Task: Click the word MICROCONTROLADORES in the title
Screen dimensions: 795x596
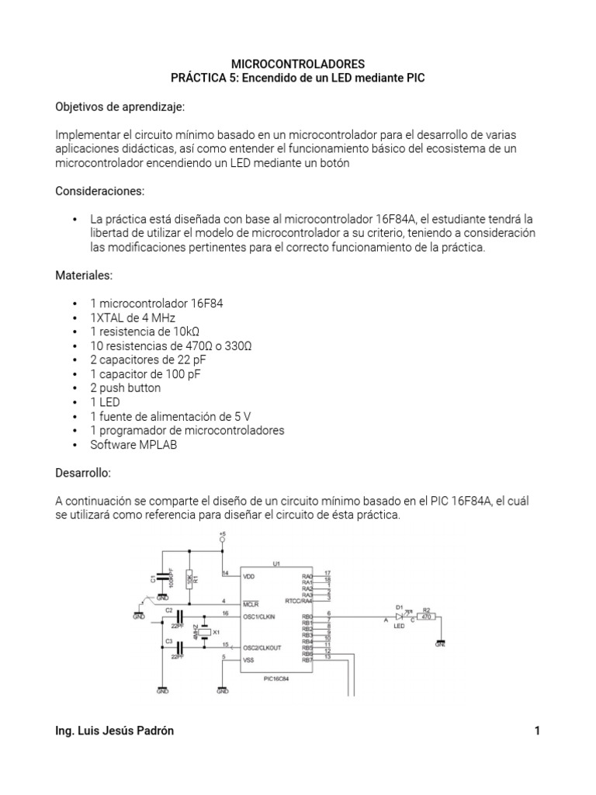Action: coord(297,64)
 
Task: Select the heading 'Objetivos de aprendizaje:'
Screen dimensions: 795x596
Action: coord(120,106)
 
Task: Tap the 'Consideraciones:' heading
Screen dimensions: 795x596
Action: coord(100,190)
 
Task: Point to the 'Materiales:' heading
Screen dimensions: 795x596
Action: coord(85,275)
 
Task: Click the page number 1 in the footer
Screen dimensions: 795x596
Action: coord(536,731)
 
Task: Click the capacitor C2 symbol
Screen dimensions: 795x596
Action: coord(179,616)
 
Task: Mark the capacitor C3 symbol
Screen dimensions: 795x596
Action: coord(179,646)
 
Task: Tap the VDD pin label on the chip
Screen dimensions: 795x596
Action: coord(248,576)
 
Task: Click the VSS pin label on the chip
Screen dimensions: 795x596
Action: coord(248,660)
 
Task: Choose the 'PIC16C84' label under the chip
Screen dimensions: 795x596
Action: coord(276,677)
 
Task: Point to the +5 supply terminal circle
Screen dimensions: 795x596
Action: coord(222,540)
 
